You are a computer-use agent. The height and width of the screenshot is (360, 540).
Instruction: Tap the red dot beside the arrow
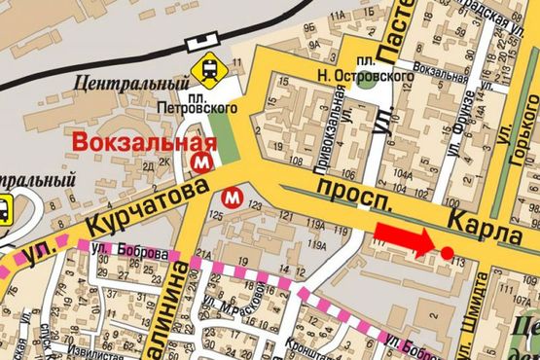(x=447, y=253)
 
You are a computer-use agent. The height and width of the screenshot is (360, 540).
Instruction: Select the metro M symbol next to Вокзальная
(x=202, y=159)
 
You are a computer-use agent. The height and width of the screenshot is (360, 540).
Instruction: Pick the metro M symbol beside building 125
(x=232, y=196)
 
